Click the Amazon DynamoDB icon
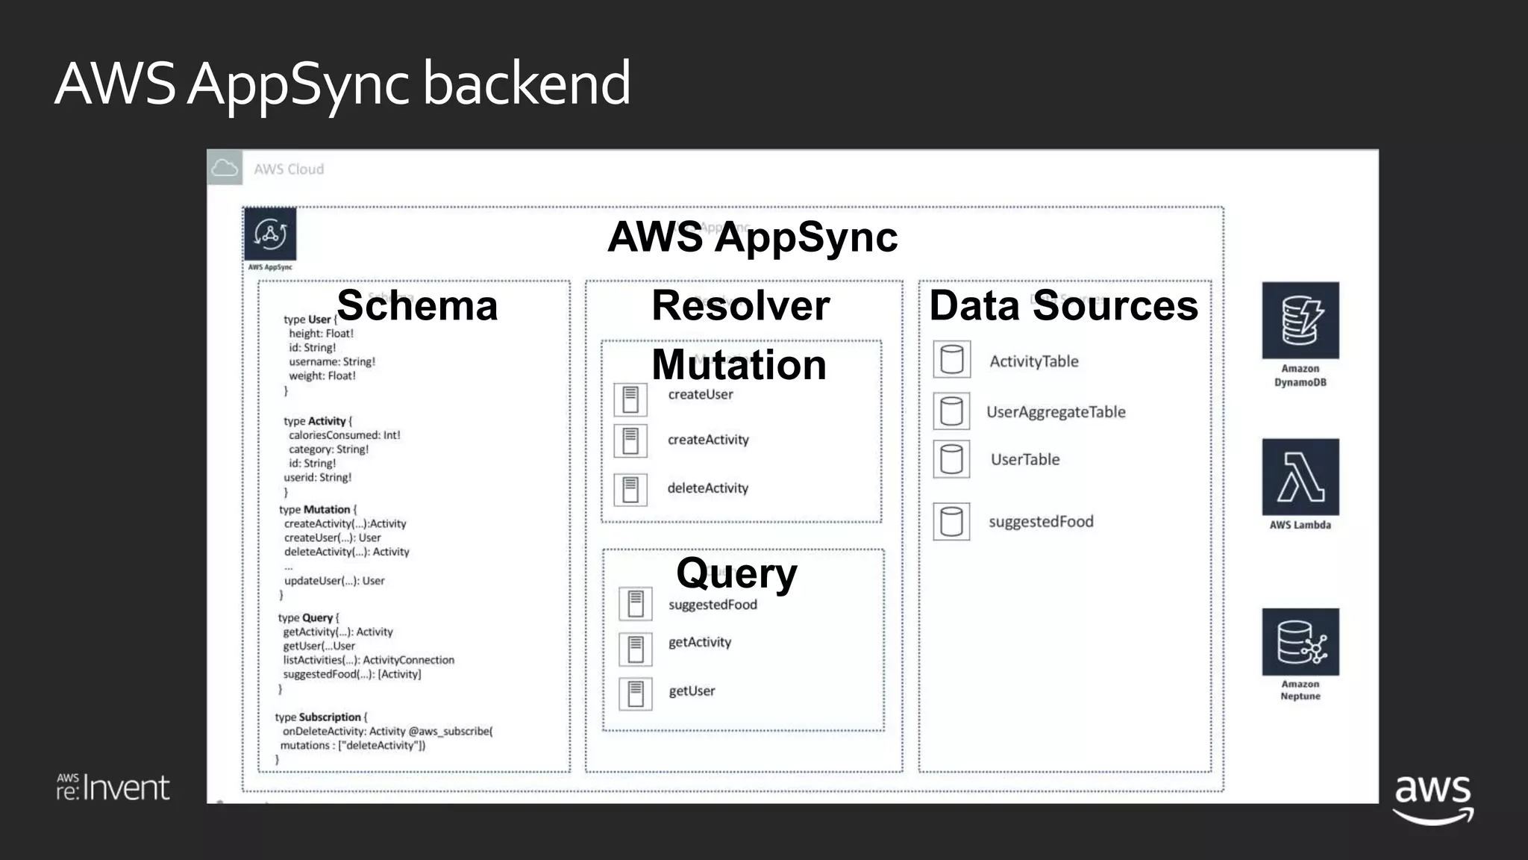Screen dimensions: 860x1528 (1300, 320)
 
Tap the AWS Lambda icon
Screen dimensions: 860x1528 (1300, 477)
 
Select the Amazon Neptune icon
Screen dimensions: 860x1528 (1300, 642)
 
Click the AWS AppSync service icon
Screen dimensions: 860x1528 (270, 234)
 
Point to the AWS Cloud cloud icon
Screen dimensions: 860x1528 (225, 168)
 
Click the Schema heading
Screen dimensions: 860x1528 (417, 305)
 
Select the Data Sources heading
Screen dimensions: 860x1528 (1063, 305)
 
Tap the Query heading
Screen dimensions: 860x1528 (736, 573)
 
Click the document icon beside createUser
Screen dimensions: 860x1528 (630, 399)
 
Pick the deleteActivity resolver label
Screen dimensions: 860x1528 (707, 488)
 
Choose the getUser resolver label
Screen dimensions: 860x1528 (692, 691)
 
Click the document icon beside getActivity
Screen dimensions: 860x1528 (636, 649)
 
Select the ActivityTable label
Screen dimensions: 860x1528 (1033, 361)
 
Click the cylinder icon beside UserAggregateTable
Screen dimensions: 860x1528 (951, 411)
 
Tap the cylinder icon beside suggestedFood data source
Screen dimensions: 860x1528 (951, 521)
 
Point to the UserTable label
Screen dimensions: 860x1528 (1024, 460)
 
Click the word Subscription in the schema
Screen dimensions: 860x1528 (330, 717)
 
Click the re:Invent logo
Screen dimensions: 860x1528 (113, 788)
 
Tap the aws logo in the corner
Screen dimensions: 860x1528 (1432, 798)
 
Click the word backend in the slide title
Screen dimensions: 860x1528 (527, 83)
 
